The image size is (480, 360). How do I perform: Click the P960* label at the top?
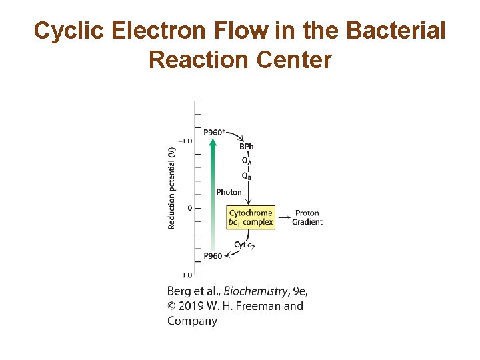click(x=214, y=131)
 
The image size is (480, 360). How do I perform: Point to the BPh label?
click(x=247, y=147)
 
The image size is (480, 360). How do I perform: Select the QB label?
click(x=247, y=176)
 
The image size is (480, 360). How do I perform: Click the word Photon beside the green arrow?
click(x=229, y=192)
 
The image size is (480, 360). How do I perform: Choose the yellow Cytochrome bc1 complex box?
click(x=251, y=217)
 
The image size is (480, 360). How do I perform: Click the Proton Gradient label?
click(x=307, y=217)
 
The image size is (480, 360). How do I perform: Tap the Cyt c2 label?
click(x=244, y=245)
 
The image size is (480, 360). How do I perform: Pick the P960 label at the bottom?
click(x=213, y=256)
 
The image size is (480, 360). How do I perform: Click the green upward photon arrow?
click(x=211, y=193)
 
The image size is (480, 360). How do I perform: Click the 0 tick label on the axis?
click(x=189, y=208)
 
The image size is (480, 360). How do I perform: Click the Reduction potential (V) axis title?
click(x=172, y=187)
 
